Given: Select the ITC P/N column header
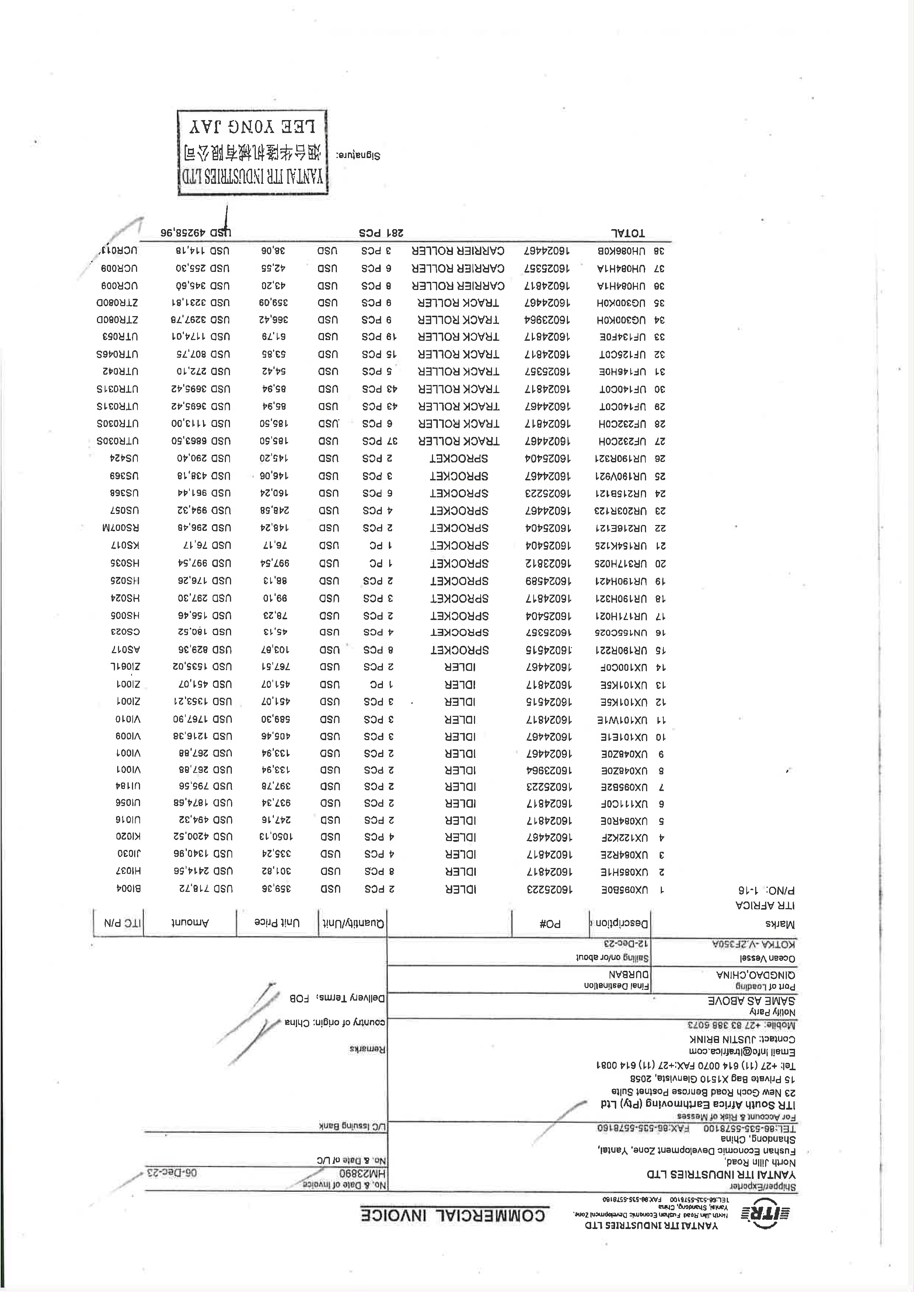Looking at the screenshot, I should (118, 923).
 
